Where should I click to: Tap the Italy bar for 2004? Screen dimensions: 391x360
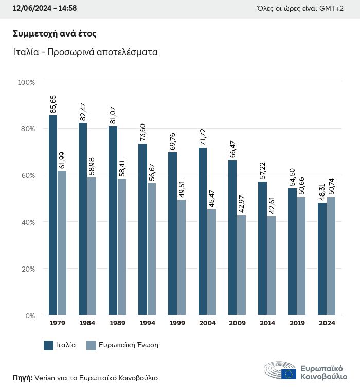pyautogui.click(x=203, y=231)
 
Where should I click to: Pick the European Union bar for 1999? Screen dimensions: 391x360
pyautogui.click(x=182, y=257)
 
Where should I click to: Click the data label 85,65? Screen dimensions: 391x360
pyautogui.click(x=53, y=104)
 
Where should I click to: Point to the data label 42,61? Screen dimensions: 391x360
pyautogui.click(x=272, y=204)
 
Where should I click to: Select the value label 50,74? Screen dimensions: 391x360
pyautogui.click(x=331, y=185)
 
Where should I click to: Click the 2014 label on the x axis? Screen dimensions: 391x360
pyautogui.click(x=267, y=323)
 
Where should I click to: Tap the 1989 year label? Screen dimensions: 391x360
pyautogui.click(x=117, y=323)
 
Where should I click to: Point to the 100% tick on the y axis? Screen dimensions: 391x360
pyautogui.click(x=26, y=82)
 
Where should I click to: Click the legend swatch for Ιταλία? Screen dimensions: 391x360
pyautogui.click(x=49, y=345)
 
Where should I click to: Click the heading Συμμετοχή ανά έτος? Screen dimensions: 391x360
pyautogui.click(x=55, y=34)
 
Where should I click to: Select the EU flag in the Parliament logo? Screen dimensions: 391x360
pyautogui.click(x=289, y=374)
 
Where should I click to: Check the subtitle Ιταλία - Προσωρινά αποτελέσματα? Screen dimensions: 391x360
pyautogui.click(x=85, y=52)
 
